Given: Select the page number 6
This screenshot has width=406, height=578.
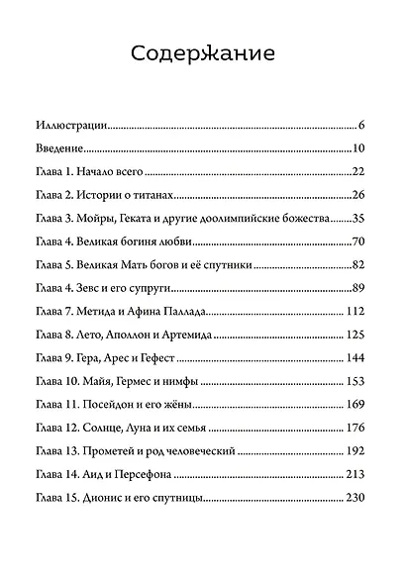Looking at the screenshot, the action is pyautogui.click(x=363, y=126).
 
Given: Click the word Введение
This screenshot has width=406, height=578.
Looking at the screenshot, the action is pyautogui.click(x=57, y=149).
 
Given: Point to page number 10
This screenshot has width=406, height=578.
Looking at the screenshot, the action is pyautogui.click(x=359, y=149).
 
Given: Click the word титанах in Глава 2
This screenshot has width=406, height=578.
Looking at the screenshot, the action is pyautogui.click(x=155, y=195).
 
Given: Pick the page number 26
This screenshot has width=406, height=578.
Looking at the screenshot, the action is pyautogui.click(x=359, y=195).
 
